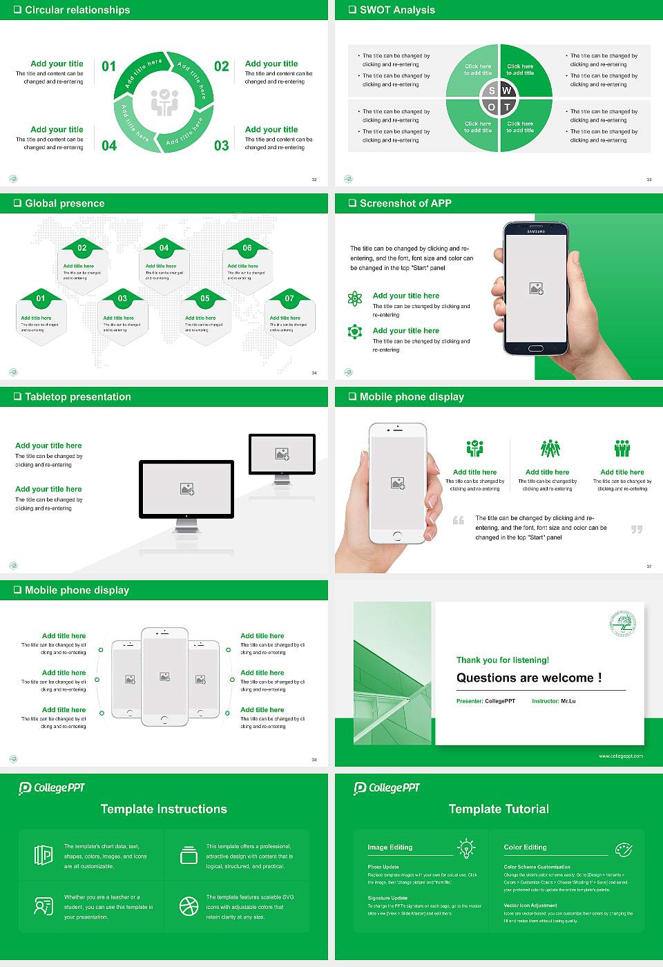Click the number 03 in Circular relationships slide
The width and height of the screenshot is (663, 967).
click(x=221, y=146)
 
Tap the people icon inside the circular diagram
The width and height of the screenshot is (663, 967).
click(x=164, y=102)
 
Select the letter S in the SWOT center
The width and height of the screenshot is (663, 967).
click(x=492, y=90)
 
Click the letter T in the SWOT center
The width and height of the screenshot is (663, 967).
click(x=507, y=107)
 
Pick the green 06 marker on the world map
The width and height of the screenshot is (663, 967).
click(x=247, y=248)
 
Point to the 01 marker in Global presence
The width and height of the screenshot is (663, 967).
click(x=41, y=298)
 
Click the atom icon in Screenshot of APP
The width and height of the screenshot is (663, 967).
click(x=355, y=298)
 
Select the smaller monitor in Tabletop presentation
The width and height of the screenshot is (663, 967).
click(x=282, y=455)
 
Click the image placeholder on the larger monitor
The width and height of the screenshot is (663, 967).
click(x=186, y=488)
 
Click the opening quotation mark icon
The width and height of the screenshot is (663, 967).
click(x=459, y=520)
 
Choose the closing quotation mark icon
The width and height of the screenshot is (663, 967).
click(x=637, y=529)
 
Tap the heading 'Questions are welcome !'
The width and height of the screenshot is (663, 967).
click(x=528, y=678)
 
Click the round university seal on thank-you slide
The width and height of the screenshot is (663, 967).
click(x=622, y=623)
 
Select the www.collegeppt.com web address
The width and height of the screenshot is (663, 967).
click(x=621, y=756)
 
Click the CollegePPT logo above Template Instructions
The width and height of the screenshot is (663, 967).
click(x=52, y=787)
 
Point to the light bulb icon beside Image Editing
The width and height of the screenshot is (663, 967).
click(x=466, y=848)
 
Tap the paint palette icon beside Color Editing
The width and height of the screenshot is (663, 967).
click(x=623, y=848)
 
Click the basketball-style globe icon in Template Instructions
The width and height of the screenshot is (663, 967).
click(x=189, y=906)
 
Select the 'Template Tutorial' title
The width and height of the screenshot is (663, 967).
click(x=499, y=809)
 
